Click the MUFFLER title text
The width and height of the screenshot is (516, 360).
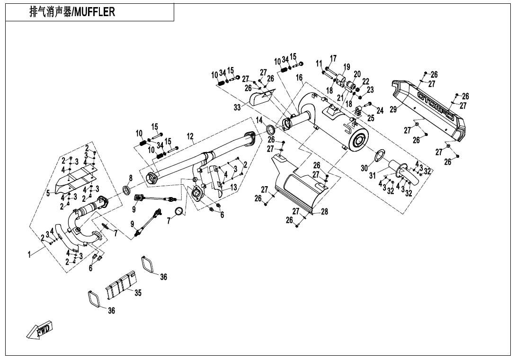pos(72,12)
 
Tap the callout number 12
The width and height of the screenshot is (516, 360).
pos(190,137)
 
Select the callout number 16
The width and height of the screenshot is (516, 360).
pos(299,78)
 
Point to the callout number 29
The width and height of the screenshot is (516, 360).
pos(393,109)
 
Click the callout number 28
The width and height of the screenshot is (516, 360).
pos(324,212)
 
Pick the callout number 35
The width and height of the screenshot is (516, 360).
pos(138,293)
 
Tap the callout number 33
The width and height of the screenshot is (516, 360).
pos(237,108)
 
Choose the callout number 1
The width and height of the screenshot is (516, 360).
pos(30,255)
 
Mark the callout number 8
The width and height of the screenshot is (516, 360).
pos(131,178)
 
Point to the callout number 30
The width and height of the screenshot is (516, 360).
pos(365,168)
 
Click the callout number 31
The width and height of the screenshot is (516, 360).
pos(373,175)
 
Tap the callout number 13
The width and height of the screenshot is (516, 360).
pos(233,188)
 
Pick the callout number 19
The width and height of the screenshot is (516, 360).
pos(347,67)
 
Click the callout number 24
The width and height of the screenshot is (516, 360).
pos(380,110)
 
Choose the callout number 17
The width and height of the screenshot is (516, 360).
pos(333,58)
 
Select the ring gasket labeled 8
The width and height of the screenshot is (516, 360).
pos(127,191)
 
